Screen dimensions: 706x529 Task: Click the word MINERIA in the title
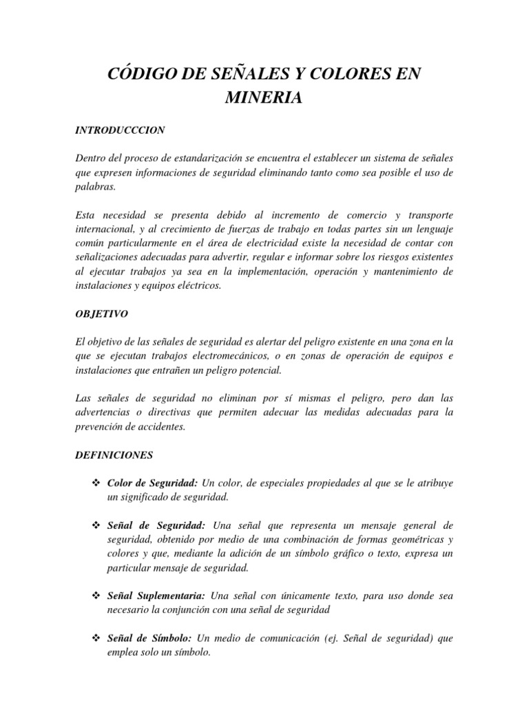tap(264, 99)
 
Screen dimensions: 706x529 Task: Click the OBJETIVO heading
tap(101, 312)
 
